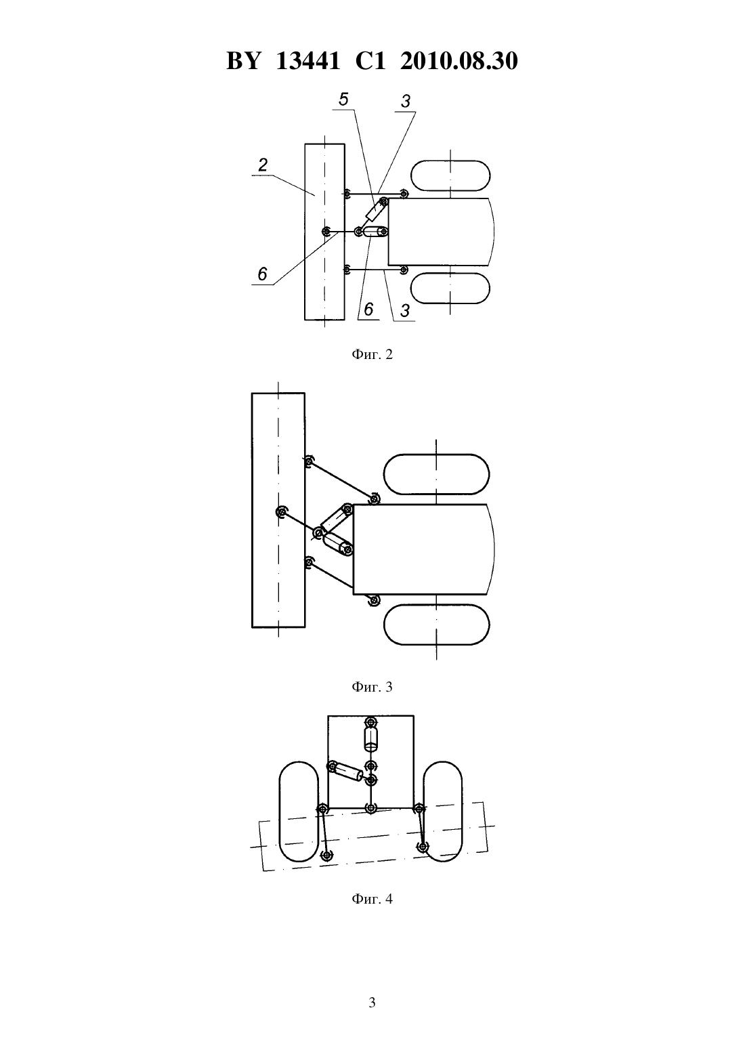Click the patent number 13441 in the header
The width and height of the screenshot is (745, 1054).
[307, 61]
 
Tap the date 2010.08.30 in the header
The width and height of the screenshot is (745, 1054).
[459, 61]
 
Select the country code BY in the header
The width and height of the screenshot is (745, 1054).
[242, 61]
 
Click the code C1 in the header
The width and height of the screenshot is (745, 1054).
[370, 61]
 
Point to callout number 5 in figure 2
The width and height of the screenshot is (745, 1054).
[343, 100]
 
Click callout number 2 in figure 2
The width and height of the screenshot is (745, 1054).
[263, 165]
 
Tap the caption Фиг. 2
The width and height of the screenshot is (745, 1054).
[372, 355]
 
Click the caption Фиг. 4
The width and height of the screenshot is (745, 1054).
[372, 899]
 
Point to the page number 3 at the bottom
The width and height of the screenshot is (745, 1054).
[372, 1003]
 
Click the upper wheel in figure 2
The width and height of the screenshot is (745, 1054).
[450, 175]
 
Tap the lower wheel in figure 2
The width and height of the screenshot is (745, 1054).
[450, 288]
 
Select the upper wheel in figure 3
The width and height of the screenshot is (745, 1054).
[436, 474]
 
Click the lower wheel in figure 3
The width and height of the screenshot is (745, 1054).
[436, 625]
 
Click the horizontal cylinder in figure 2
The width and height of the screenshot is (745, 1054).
[375, 232]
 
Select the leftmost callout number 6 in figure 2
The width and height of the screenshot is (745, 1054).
[263, 274]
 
